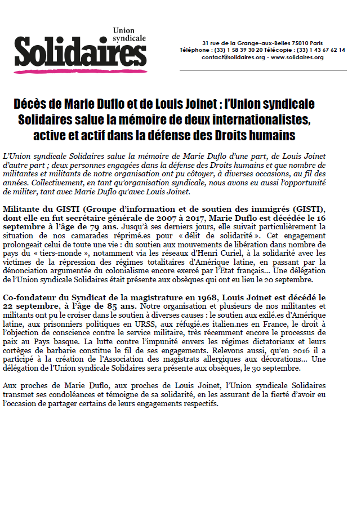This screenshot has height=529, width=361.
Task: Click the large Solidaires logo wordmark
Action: (81, 52)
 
